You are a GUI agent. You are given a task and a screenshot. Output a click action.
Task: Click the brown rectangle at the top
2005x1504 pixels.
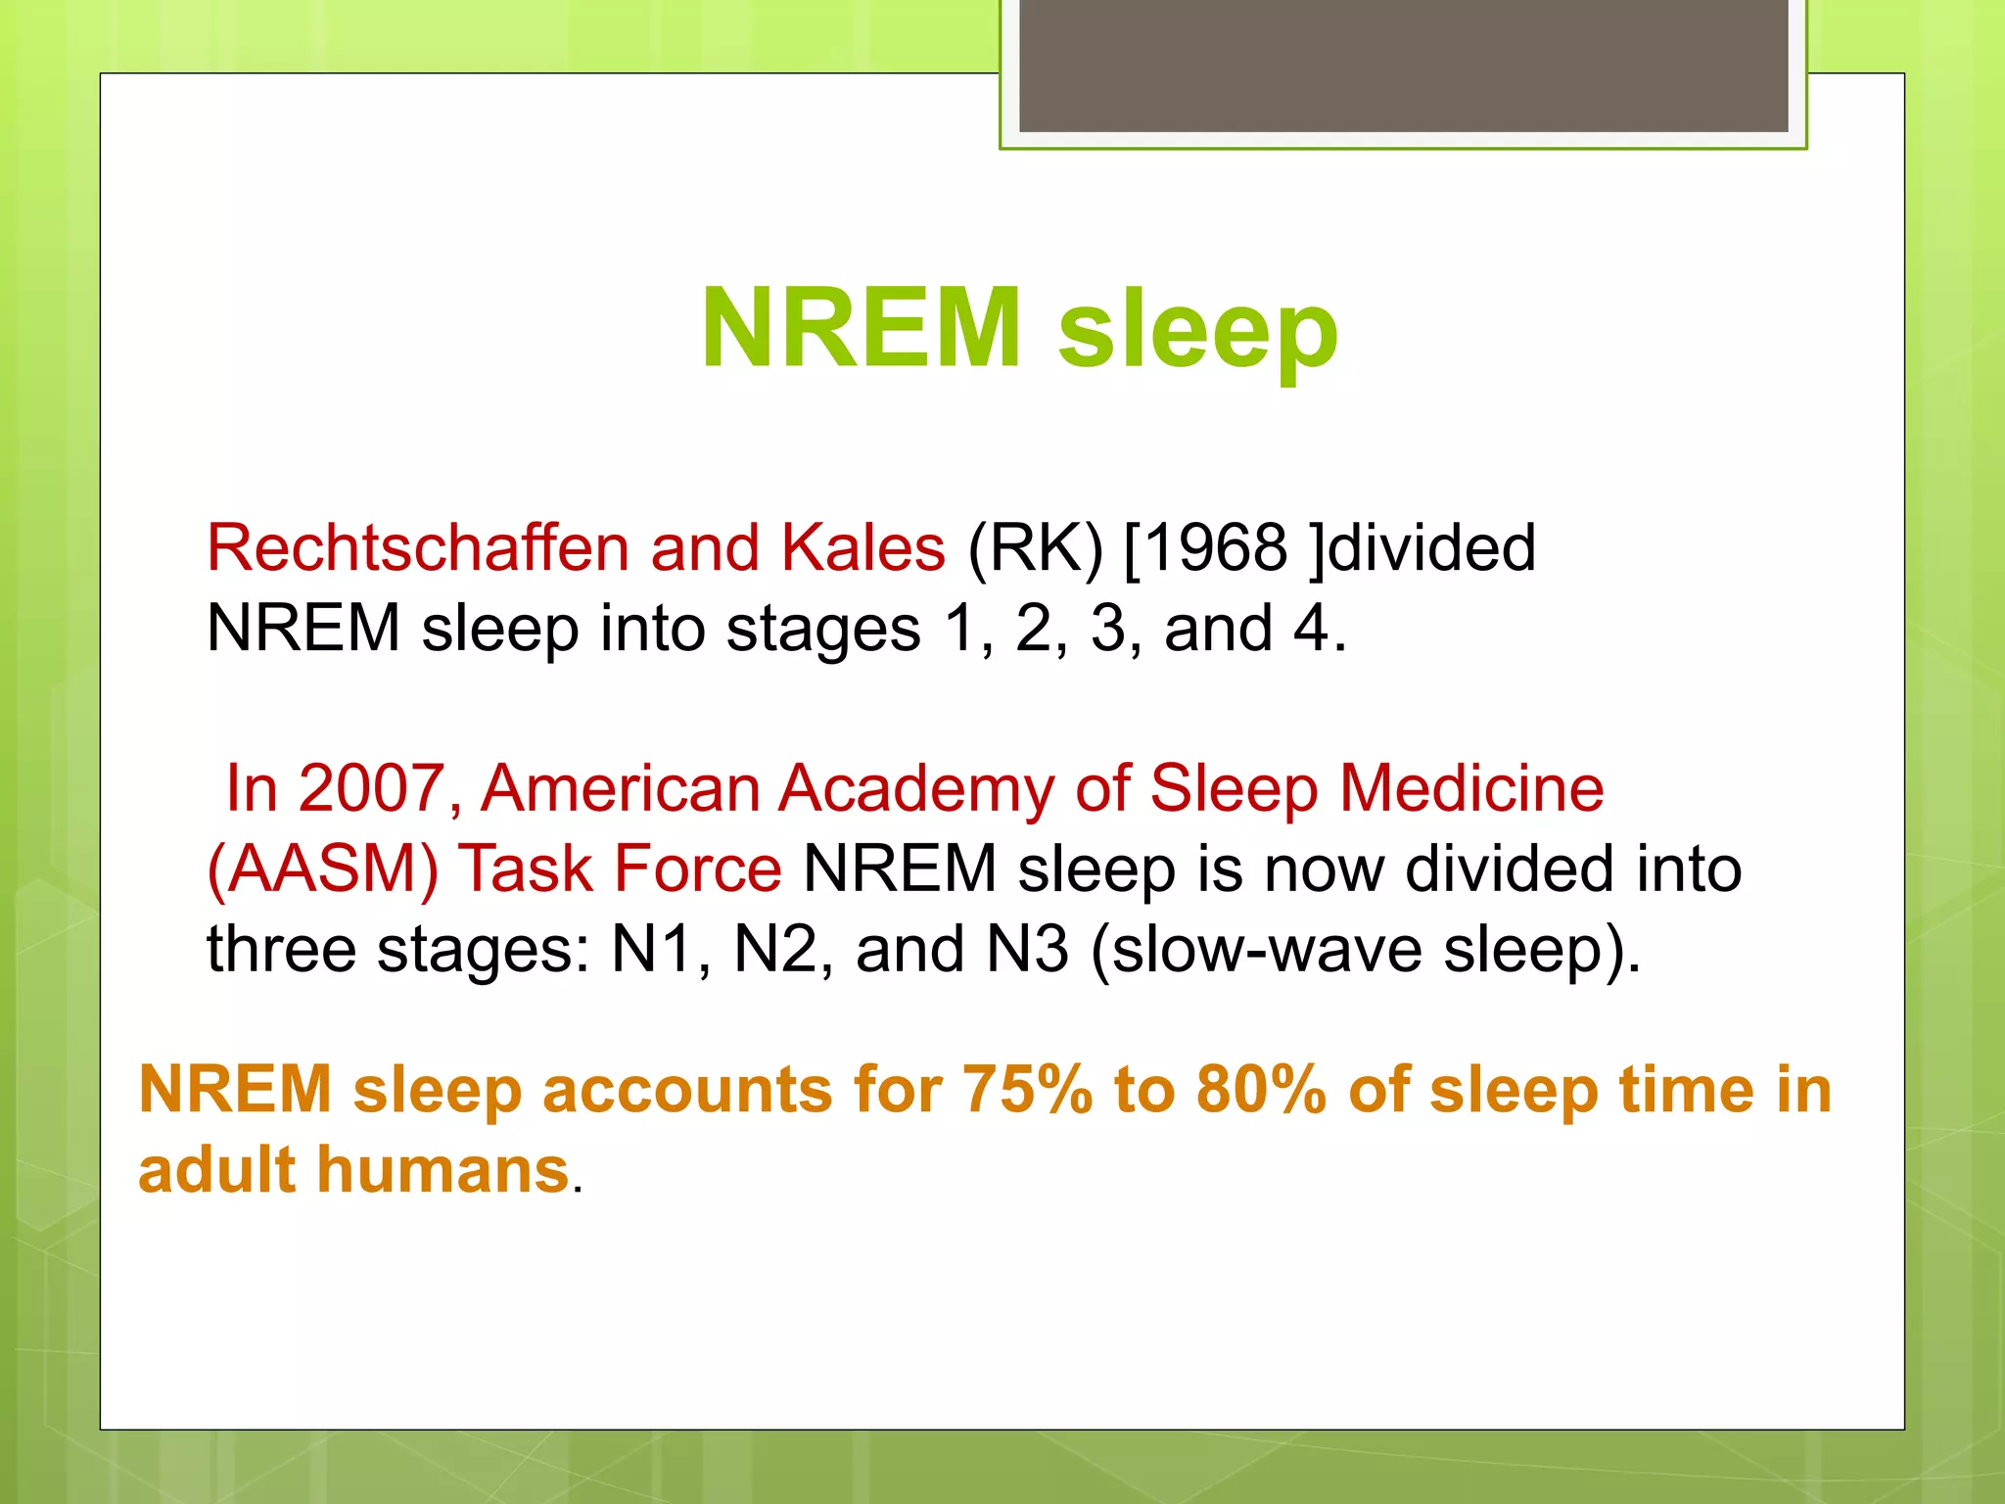click(x=1403, y=65)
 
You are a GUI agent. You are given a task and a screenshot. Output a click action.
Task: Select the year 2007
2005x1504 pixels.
click(x=371, y=788)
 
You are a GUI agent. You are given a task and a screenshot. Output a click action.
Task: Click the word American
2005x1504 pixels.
click(x=620, y=788)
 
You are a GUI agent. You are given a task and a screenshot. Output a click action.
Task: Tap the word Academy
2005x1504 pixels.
click(x=916, y=788)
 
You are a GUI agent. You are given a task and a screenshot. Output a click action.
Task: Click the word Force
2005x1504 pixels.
click(x=697, y=869)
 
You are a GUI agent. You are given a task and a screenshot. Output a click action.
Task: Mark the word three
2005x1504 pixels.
click(x=282, y=949)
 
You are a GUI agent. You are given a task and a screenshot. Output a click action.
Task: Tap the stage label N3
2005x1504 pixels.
click(x=1027, y=949)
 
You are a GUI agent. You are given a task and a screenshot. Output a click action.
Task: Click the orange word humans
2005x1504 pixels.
click(x=443, y=1170)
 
